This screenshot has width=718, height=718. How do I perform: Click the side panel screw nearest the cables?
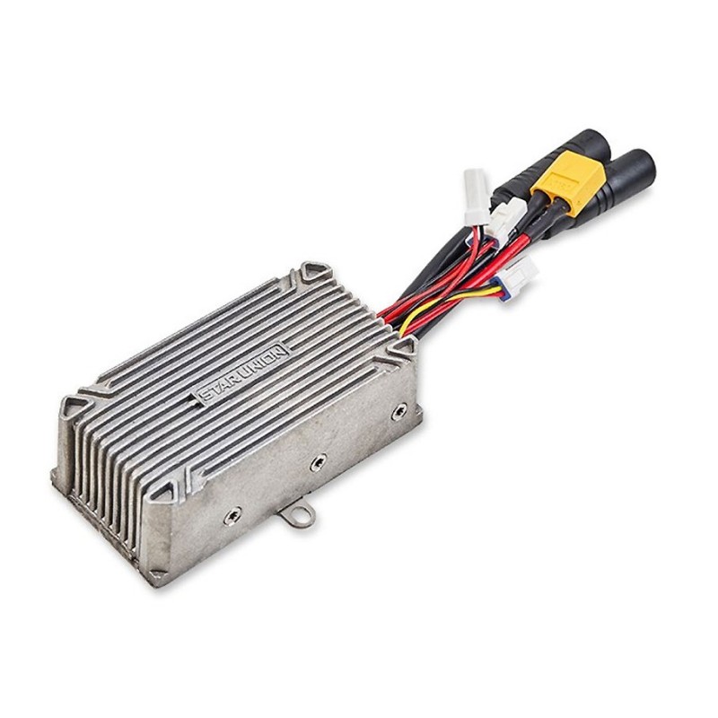click(x=399, y=411)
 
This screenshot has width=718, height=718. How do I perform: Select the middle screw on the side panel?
click(x=318, y=463)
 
